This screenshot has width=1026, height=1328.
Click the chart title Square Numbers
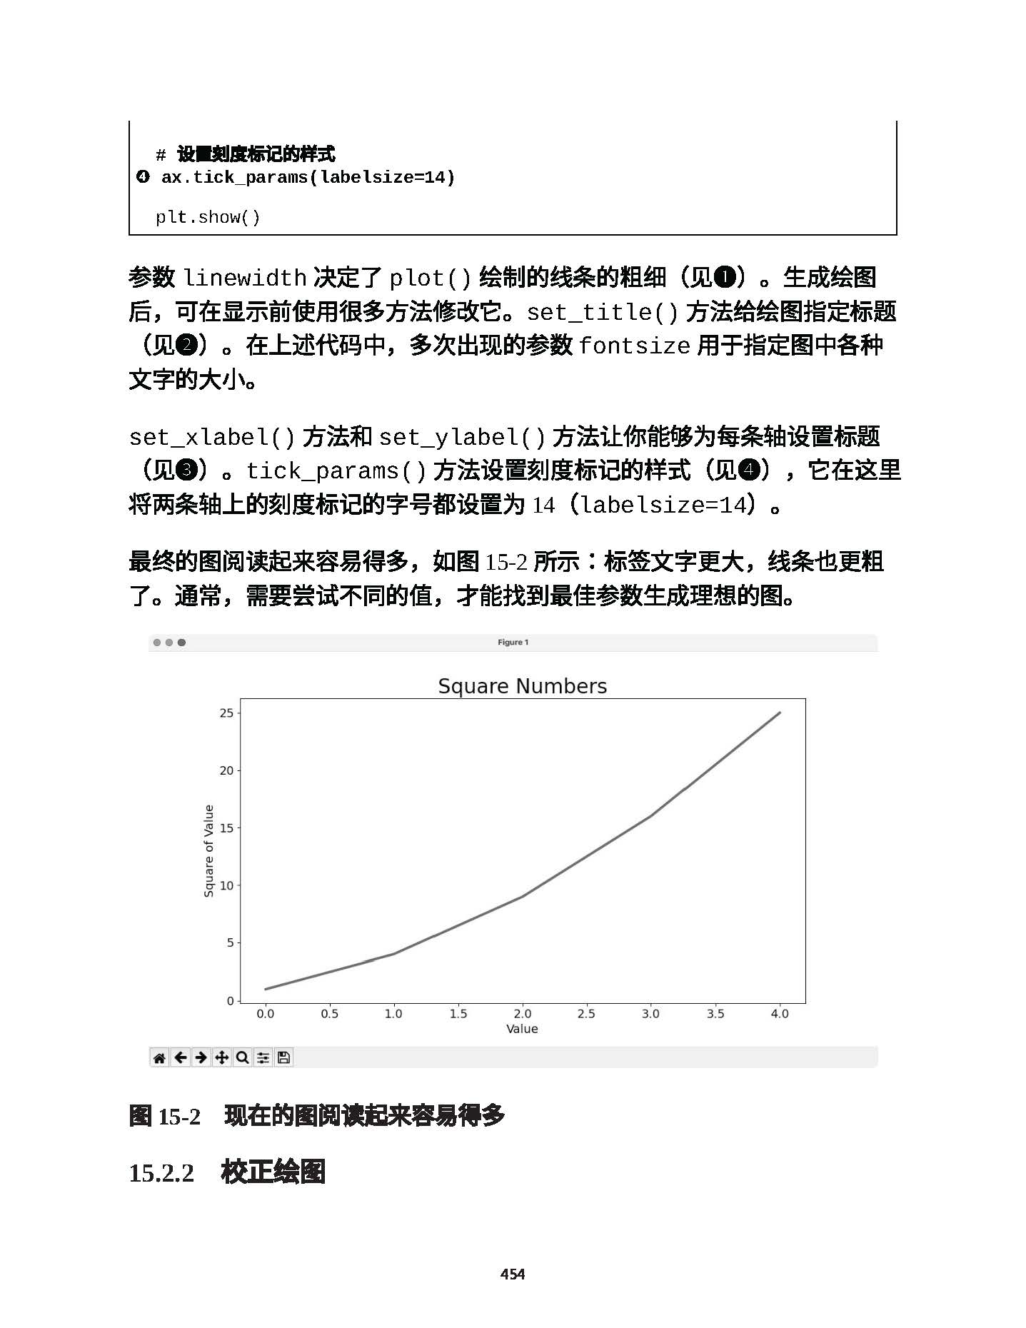tap(522, 686)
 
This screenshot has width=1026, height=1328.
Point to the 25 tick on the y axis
tap(226, 713)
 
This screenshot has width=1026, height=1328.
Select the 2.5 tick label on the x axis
tap(586, 1013)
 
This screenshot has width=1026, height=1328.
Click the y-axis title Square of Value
tap(208, 850)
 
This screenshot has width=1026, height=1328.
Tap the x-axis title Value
tap(522, 1029)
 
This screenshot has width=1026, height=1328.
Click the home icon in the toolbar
tap(159, 1057)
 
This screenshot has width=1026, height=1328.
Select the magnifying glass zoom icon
tap(243, 1057)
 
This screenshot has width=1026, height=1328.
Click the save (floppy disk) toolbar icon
tap(283, 1057)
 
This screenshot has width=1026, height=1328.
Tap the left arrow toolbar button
tap(181, 1057)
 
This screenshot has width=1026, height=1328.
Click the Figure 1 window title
tap(513, 643)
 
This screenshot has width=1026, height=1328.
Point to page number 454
tap(513, 1274)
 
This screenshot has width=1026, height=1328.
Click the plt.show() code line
tap(208, 217)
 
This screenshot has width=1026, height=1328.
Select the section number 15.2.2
tap(161, 1173)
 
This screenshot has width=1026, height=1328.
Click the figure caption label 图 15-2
tap(165, 1116)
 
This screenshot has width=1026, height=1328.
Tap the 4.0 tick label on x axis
tap(780, 1013)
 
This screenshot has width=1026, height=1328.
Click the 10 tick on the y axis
tap(226, 885)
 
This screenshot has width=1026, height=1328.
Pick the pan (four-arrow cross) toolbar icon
tap(222, 1057)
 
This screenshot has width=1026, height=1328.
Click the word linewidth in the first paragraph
tap(245, 278)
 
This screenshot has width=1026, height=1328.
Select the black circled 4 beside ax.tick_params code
tap(143, 176)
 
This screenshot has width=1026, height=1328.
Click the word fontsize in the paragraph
tap(634, 346)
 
